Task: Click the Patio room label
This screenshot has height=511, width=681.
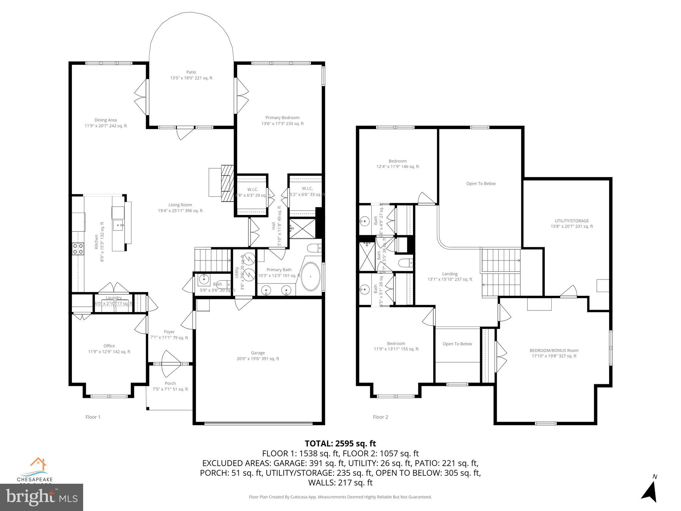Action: click(x=191, y=75)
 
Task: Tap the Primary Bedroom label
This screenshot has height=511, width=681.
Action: click(x=282, y=120)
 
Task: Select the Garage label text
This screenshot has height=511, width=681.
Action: click(x=258, y=356)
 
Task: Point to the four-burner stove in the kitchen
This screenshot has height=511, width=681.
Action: click(x=78, y=249)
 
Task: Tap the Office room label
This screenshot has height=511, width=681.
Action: click(x=109, y=349)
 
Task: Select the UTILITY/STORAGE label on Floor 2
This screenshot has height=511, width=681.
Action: click(x=572, y=223)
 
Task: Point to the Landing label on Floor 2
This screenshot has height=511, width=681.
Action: click(x=450, y=276)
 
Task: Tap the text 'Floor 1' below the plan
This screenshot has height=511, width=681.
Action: click(x=93, y=417)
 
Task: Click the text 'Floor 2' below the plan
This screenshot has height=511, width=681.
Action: click(x=380, y=417)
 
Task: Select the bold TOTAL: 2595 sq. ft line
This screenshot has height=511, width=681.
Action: click(x=340, y=443)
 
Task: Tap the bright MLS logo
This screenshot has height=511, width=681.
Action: click(x=42, y=497)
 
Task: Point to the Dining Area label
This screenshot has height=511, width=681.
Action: click(x=105, y=123)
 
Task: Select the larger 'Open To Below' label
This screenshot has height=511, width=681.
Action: click(x=480, y=183)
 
